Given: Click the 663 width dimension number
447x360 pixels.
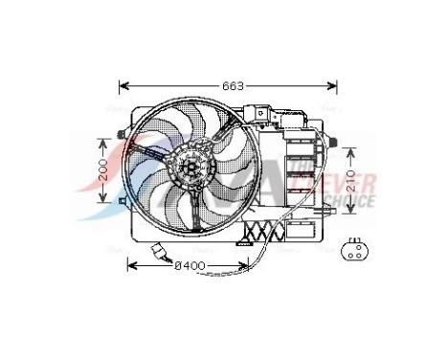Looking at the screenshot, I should point(232,86).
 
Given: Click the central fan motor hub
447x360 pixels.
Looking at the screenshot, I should point(190,169).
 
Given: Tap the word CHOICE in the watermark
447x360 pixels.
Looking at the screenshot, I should point(350,202).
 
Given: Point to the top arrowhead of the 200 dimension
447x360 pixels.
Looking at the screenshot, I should point(104,137).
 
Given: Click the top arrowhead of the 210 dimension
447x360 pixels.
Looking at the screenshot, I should point(351,149).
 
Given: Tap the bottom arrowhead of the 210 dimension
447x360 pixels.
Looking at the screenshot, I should point(351,215).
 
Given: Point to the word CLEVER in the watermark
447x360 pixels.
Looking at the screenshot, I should point(354,183).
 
